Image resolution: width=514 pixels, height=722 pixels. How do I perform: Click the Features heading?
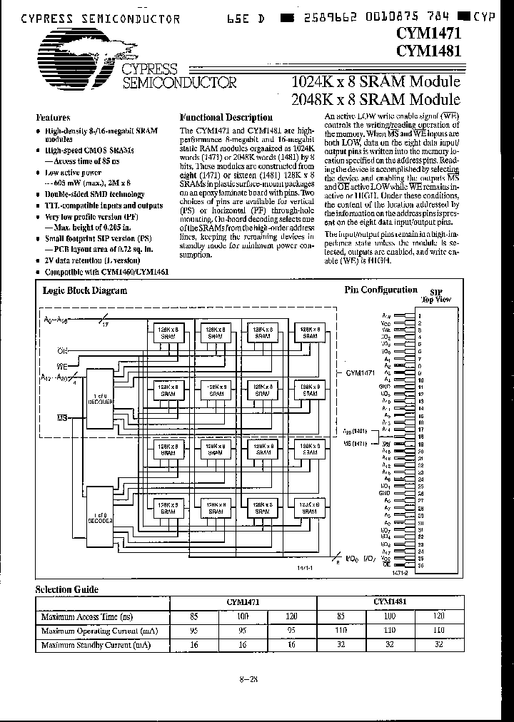click(x=54, y=117)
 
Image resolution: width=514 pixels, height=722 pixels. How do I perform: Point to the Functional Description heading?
click(x=226, y=117)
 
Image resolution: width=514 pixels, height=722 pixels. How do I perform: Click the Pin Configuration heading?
click(x=381, y=290)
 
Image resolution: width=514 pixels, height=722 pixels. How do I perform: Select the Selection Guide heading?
click(x=67, y=589)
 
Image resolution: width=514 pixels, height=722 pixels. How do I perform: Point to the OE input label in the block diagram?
click(x=63, y=350)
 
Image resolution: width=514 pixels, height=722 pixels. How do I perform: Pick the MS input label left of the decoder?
click(x=62, y=419)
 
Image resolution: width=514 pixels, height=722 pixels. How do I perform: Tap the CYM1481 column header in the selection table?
click(x=390, y=602)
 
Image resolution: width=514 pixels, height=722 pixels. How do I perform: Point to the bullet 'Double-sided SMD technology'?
click(x=89, y=194)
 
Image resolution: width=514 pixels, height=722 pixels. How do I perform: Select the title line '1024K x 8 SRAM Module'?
click(x=376, y=83)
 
